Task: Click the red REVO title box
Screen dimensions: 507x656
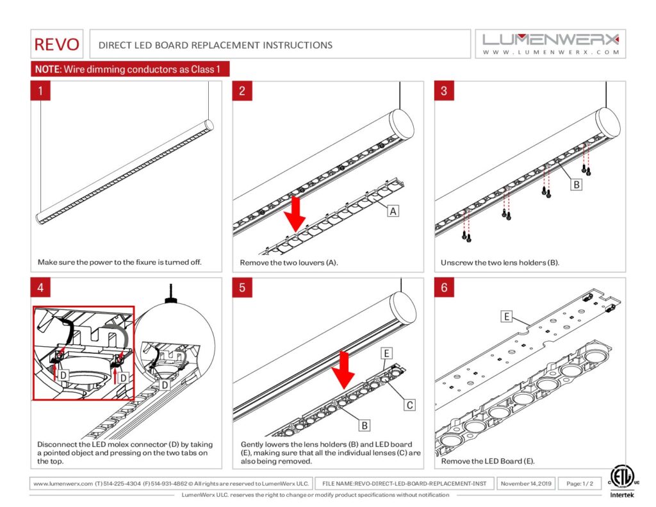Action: coord(57,44)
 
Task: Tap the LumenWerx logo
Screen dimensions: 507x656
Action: coord(551,43)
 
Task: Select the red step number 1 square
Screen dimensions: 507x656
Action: coord(41,90)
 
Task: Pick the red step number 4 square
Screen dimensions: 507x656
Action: coord(41,287)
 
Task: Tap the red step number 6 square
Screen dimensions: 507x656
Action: coord(444,287)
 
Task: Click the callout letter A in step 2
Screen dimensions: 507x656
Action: coord(392,210)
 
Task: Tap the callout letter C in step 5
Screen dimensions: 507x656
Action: coord(409,404)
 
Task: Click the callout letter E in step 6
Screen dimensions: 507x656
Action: coord(507,316)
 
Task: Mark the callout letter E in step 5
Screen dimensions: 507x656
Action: coord(386,353)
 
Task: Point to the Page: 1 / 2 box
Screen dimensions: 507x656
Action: coord(580,483)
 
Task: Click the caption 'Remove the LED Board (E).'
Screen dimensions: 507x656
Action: coord(488,461)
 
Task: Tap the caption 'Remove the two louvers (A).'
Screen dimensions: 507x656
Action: coord(288,263)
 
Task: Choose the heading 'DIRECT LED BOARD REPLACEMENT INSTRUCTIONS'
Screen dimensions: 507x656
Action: coord(215,45)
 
